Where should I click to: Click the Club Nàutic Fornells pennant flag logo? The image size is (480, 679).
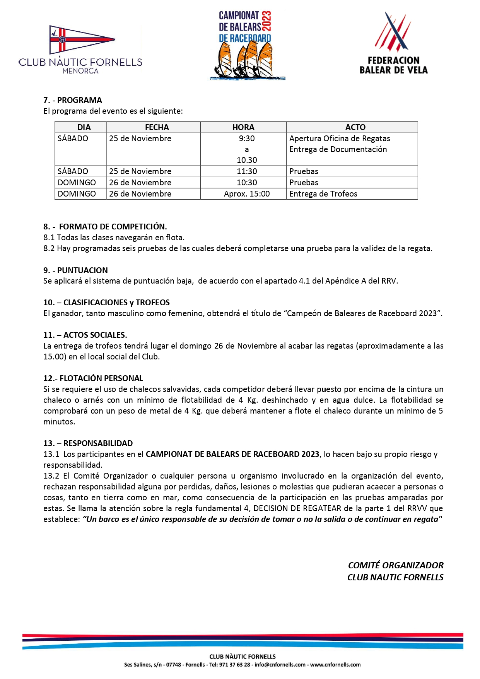81,39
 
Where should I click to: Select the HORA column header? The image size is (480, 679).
243,127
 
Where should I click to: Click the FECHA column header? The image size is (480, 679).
157,127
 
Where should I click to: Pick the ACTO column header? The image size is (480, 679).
355,127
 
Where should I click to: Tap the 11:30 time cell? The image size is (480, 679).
247,171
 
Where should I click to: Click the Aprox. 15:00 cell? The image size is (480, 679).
247,194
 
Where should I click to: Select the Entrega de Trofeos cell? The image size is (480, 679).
323,194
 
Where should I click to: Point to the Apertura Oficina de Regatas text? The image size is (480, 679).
340,139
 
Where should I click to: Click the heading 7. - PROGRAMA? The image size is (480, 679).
73,100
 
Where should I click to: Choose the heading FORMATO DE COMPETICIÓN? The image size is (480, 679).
113,227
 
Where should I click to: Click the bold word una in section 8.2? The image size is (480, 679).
297,248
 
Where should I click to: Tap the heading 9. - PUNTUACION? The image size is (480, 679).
75,270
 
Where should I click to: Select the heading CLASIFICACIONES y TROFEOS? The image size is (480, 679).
116,303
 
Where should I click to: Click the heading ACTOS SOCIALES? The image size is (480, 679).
95,335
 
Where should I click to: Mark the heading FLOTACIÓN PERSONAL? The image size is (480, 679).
101,378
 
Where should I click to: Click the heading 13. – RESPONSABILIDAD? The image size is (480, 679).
88,443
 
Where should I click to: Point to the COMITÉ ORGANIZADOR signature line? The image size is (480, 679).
395,565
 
